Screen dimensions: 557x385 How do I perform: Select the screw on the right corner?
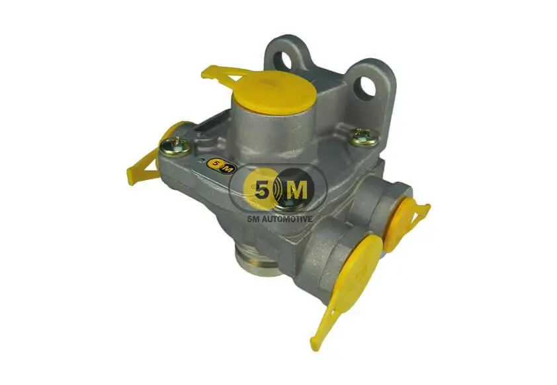tap(363, 137)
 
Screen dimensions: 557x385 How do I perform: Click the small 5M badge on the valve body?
tap(222, 165)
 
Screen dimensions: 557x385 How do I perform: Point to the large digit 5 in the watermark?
tap(261, 192)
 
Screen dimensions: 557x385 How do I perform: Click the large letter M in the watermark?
tap(297, 191)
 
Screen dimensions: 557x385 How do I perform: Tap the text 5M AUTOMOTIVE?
tap(280, 219)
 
